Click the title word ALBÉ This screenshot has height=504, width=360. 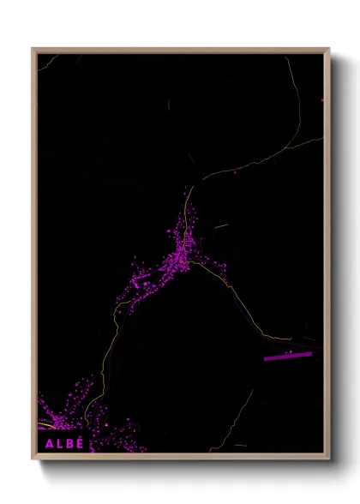(x=63, y=443)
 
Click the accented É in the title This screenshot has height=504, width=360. (x=80, y=442)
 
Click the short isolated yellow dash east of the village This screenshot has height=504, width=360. (x=221, y=226)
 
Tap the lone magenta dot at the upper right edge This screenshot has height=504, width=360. (x=323, y=100)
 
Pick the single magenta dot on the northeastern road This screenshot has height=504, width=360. (x=233, y=171)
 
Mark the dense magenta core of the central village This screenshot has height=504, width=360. (x=182, y=255)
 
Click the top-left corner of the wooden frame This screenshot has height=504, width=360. (x=33, y=49)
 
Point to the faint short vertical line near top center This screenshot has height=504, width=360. (x=169, y=105)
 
